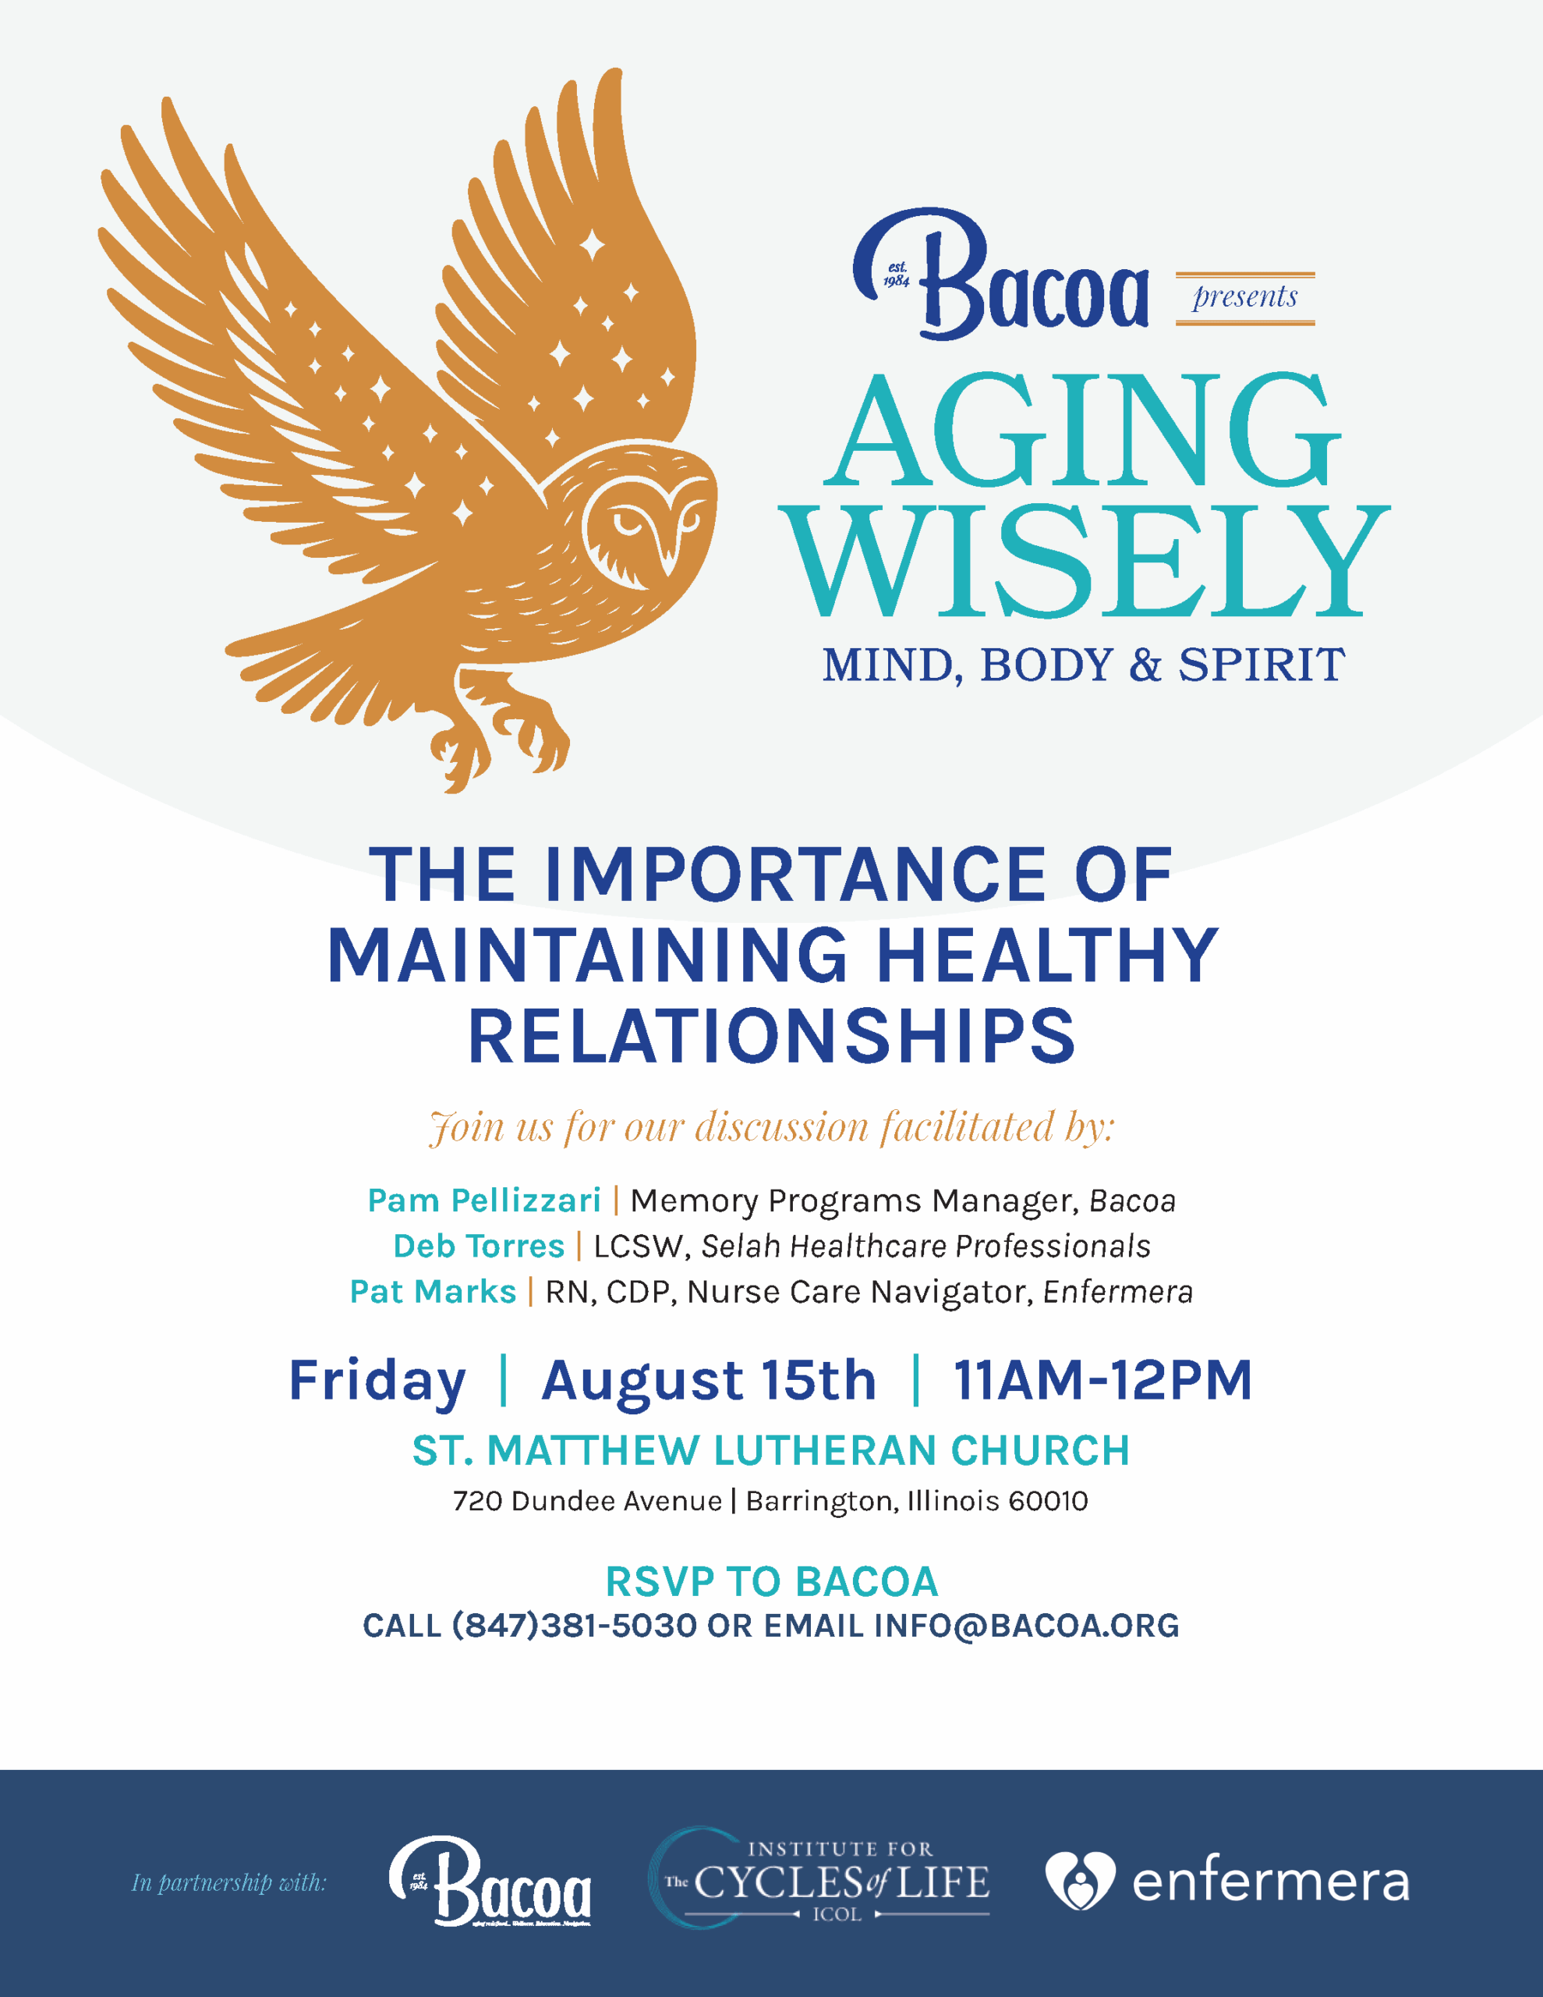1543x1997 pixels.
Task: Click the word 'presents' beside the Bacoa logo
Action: [x=1245, y=297]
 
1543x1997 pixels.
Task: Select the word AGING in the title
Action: [x=1083, y=430]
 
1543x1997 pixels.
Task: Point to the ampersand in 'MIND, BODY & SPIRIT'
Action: [x=1145, y=665]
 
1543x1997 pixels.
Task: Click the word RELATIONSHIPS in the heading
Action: [x=772, y=1036]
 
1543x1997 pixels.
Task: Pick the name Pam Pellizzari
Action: [x=483, y=1201]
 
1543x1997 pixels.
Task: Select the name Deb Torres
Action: [x=479, y=1247]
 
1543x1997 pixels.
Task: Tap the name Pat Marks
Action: [x=434, y=1292]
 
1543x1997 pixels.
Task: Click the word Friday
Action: [x=377, y=1381]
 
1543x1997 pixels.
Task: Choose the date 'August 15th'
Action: [x=710, y=1381]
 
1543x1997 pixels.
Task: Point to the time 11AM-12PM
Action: [x=1102, y=1381]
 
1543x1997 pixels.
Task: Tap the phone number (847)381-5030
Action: [x=574, y=1626]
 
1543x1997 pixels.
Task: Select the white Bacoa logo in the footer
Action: [x=491, y=1882]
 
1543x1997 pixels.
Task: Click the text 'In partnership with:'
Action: [x=229, y=1882]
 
